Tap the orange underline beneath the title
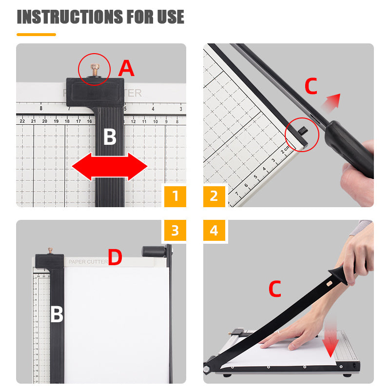point(36,35)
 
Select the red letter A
point(126,69)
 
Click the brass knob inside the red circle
point(95,68)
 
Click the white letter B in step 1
point(110,138)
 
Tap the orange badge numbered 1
point(175,196)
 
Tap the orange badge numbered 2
point(214,196)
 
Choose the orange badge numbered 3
point(175,230)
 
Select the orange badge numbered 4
point(214,230)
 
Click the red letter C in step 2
point(311,86)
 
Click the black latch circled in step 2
point(302,131)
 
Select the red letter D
point(115,258)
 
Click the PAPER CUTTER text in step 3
point(88,262)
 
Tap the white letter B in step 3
point(57,315)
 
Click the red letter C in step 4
point(275,290)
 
